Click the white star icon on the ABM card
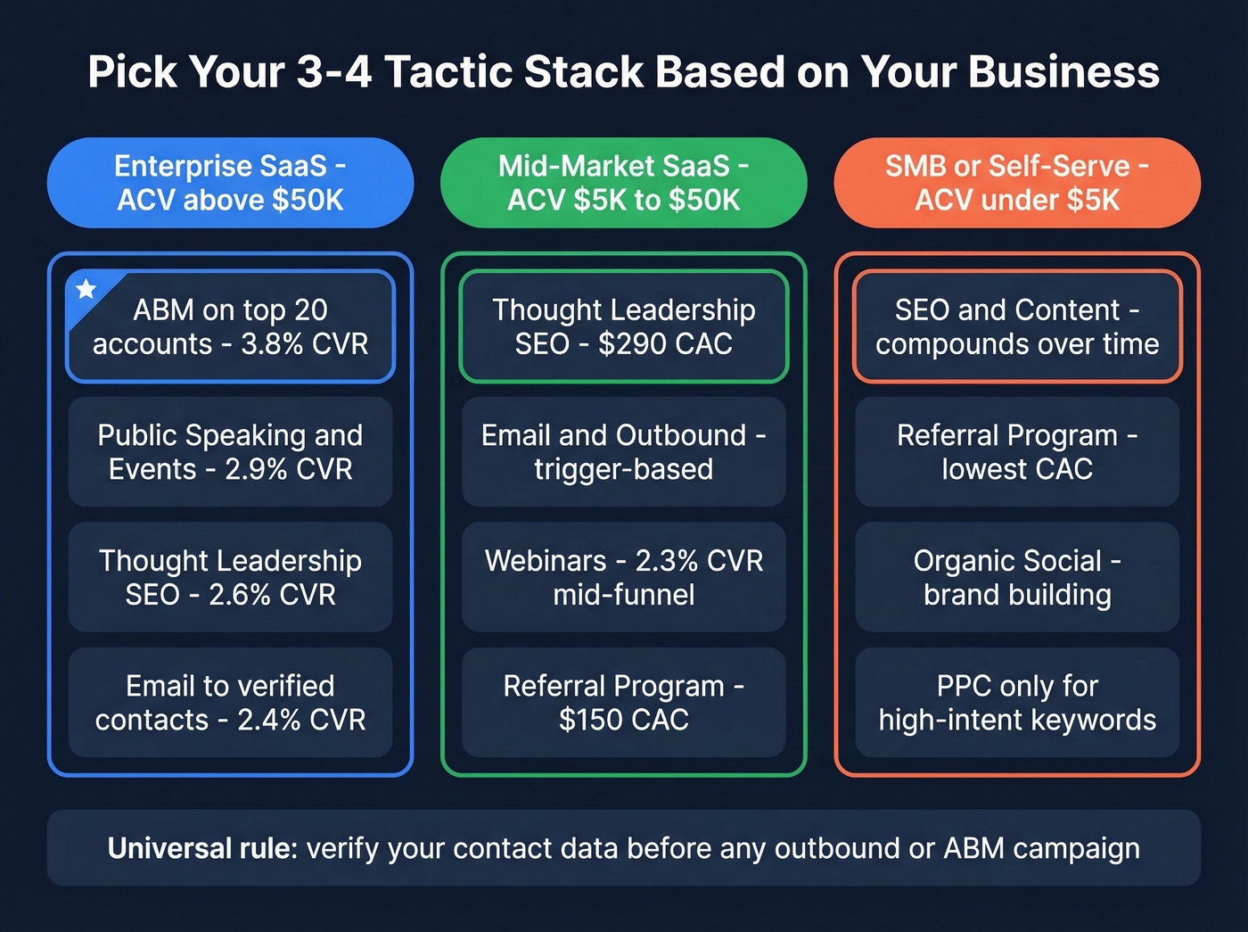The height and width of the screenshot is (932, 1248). [x=86, y=289]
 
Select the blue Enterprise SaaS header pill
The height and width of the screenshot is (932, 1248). [x=230, y=183]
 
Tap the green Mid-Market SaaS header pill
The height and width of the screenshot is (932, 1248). [x=623, y=183]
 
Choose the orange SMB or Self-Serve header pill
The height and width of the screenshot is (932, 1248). [x=1017, y=183]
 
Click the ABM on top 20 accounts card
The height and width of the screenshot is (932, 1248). [x=230, y=326]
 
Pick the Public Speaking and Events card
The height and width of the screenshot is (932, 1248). [x=230, y=452]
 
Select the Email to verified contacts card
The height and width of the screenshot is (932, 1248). [x=230, y=703]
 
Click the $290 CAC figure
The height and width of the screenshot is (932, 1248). [x=665, y=344]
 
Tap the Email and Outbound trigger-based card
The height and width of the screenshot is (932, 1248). [x=623, y=452]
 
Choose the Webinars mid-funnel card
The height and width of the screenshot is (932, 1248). [x=623, y=577]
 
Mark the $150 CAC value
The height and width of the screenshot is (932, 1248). [x=623, y=720]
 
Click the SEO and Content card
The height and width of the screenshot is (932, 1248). [x=1017, y=326]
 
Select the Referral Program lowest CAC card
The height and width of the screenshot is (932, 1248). [x=1017, y=452]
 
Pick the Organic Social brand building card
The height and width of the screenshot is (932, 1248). [x=1017, y=577]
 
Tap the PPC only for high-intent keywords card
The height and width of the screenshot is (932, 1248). [x=1017, y=703]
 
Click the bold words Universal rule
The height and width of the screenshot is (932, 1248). [x=202, y=848]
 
